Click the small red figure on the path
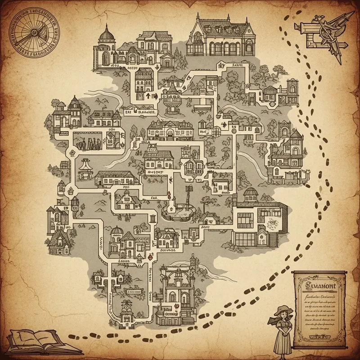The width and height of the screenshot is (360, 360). coord(167,196)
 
